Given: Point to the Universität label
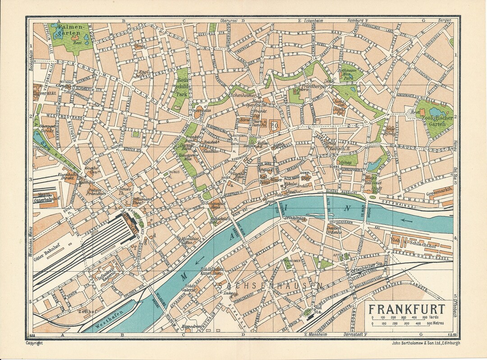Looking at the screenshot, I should point(45,94).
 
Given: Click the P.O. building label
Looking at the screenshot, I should point(275,126).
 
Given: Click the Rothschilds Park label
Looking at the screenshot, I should point(182,89).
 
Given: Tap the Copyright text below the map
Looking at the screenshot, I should point(34,343).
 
